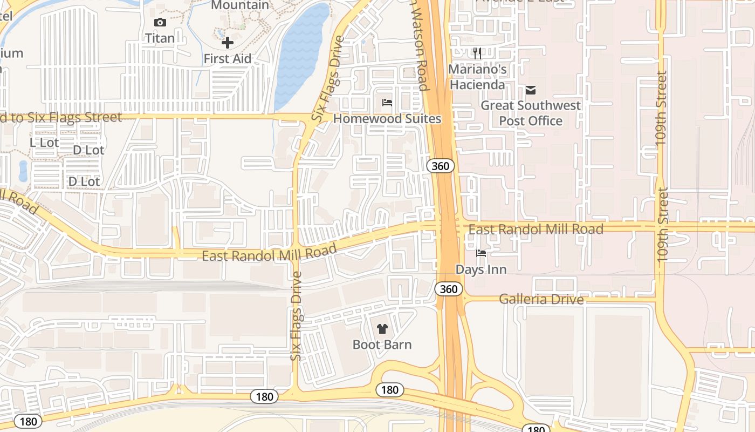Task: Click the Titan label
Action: (x=160, y=38)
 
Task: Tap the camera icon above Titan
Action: (x=160, y=22)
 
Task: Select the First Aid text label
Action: (x=228, y=58)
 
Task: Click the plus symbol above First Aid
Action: (x=228, y=43)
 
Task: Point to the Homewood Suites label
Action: (x=387, y=119)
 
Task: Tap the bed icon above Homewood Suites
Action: (x=387, y=103)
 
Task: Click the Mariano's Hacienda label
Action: (x=477, y=77)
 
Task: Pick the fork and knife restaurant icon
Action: (x=477, y=53)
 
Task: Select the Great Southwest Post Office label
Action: (x=531, y=113)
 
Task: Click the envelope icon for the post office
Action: (x=531, y=90)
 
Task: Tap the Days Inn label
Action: (x=481, y=269)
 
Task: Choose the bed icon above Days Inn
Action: (x=481, y=253)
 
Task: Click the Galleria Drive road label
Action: (x=541, y=299)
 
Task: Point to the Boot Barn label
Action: (x=382, y=345)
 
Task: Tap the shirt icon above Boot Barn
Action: (x=382, y=328)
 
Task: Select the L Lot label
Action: (x=44, y=143)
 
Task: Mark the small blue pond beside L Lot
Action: (x=23, y=171)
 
